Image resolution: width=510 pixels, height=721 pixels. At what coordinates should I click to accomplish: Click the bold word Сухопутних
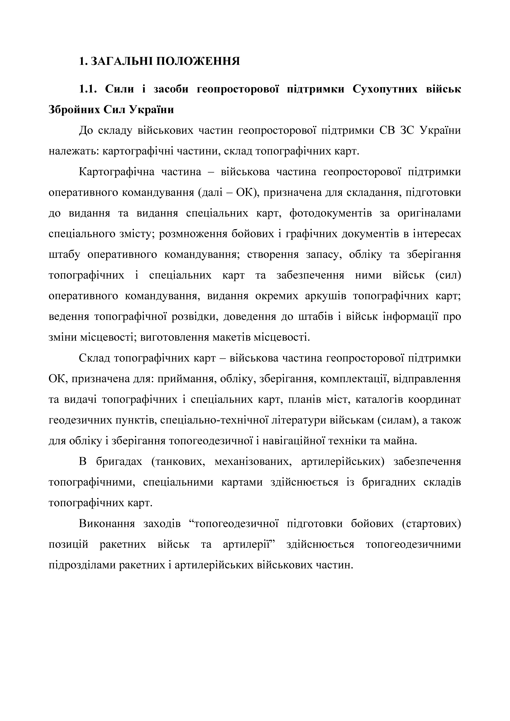pyautogui.click(x=385, y=89)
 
